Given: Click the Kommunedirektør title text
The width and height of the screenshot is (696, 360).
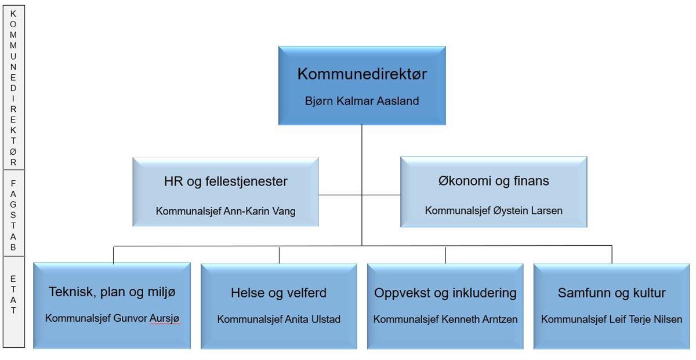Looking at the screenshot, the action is (x=362, y=74).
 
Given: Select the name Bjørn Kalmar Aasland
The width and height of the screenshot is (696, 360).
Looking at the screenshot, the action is (x=362, y=101).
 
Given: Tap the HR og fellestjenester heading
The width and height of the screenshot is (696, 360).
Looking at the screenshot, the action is (x=226, y=181).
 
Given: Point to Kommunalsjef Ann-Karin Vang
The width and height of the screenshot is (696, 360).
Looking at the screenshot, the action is (x=226, y=211).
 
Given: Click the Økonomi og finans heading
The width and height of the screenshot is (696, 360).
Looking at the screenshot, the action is (x=494, y=181).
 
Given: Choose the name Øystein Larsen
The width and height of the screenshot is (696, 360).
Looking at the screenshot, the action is (x=528, y=210).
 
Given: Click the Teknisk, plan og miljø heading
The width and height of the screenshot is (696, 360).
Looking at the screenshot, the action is (x=112, y=292).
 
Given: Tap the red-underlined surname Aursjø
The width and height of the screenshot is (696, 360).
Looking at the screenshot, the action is (x=165, y=318).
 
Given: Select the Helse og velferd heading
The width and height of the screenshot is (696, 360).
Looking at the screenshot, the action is (x=279, y=293).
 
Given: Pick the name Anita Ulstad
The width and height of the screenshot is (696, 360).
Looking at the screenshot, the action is (x=313, y=319).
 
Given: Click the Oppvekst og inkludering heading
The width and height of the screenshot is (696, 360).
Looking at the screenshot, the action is (x=445, y=293).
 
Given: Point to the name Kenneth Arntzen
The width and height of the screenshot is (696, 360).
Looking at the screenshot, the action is (x=480, y=319).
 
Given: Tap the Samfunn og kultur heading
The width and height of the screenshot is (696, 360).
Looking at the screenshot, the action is (x=611, y=293).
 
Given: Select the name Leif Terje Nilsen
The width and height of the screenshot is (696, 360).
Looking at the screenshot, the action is (x=646, y=319).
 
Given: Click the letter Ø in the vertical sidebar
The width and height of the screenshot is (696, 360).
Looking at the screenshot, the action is (x=13, y=151).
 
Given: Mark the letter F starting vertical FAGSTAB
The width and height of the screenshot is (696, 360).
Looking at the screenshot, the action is (x=13, y=184).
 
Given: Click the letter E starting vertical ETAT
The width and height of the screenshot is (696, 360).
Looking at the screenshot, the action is (x=13, y=279).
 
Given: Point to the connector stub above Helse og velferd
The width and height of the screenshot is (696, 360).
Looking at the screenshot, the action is (x=279, y=255).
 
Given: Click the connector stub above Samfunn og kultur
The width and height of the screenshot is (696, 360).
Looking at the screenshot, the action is (x=612, y=254).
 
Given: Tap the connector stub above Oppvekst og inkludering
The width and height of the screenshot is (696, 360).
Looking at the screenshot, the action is (x=445, y=255).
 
